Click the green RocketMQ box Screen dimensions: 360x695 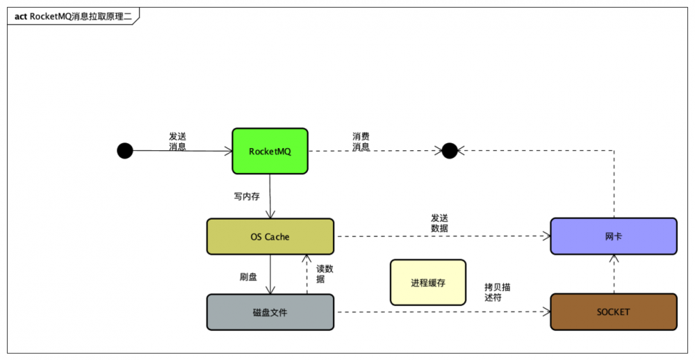click(270, 151)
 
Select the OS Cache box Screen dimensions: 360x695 click(270, 237)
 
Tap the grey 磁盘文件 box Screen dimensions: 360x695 click(270, 312)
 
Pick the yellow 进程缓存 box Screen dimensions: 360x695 click(427, 283)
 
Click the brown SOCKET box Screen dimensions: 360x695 click(613, 312)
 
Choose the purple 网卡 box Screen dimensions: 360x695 click(613, 236)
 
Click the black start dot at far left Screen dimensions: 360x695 click(124, 150)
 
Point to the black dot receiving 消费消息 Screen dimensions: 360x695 click(450, 150)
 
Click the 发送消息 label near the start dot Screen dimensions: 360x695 click(177, 141)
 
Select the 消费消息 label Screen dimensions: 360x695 click(361, 141)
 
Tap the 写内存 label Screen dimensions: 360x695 click(247, 196)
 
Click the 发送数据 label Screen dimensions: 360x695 click(439, 223)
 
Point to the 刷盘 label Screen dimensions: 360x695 click(248, 277)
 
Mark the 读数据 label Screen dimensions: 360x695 click(325, 274)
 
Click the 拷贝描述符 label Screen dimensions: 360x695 click(502, 292)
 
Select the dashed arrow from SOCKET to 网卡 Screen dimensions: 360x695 click(614, 274)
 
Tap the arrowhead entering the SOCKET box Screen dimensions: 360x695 click(546, 312)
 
